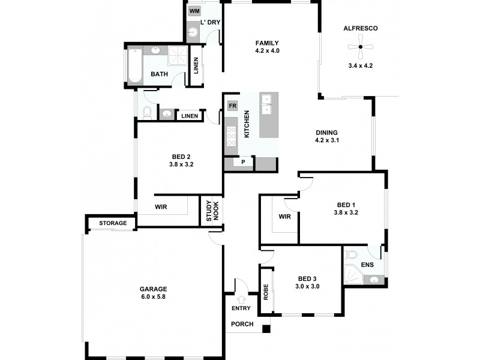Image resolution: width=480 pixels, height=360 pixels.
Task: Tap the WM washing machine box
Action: point(194,11)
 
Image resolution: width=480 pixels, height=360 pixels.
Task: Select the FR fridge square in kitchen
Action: point(232,106)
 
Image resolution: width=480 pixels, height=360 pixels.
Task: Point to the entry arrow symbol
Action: point(242,299)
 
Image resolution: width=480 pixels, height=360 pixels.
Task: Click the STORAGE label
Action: point(113,223)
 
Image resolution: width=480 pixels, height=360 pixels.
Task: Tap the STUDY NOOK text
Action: point(213,211)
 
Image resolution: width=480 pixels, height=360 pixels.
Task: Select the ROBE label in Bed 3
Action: point(266,291)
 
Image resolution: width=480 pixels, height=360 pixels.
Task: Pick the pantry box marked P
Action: point(244,162)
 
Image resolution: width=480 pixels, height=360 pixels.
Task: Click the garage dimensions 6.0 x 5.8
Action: point(153,296)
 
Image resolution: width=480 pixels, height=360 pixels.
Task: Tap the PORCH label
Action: point(242,325)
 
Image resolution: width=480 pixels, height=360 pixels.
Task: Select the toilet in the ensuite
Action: point(352,255)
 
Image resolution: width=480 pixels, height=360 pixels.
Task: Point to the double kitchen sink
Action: point(267,104)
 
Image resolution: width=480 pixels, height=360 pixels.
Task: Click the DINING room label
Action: point(327,133)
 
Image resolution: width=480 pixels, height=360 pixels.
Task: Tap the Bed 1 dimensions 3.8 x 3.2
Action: point(346,212)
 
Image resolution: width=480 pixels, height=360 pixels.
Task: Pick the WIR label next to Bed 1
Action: point(285,217)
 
